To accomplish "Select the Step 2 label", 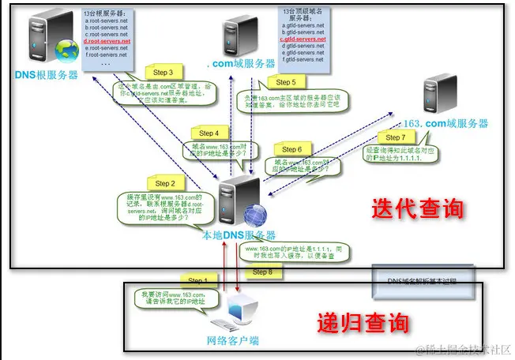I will (x=164, y=183).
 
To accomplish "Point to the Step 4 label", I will (x=209, y=133).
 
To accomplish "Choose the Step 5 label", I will (x=282, y=82).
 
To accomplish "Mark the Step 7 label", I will (x=395, y=137).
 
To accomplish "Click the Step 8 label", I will (x=263, y=272).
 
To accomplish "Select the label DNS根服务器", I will (x=46, y=74).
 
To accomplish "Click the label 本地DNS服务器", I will (x=239, y=235).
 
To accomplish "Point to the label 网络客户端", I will (x=232, y=341).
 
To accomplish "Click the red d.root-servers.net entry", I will (x=106, y=39).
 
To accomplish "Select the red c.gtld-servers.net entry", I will (x=303, y=39).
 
